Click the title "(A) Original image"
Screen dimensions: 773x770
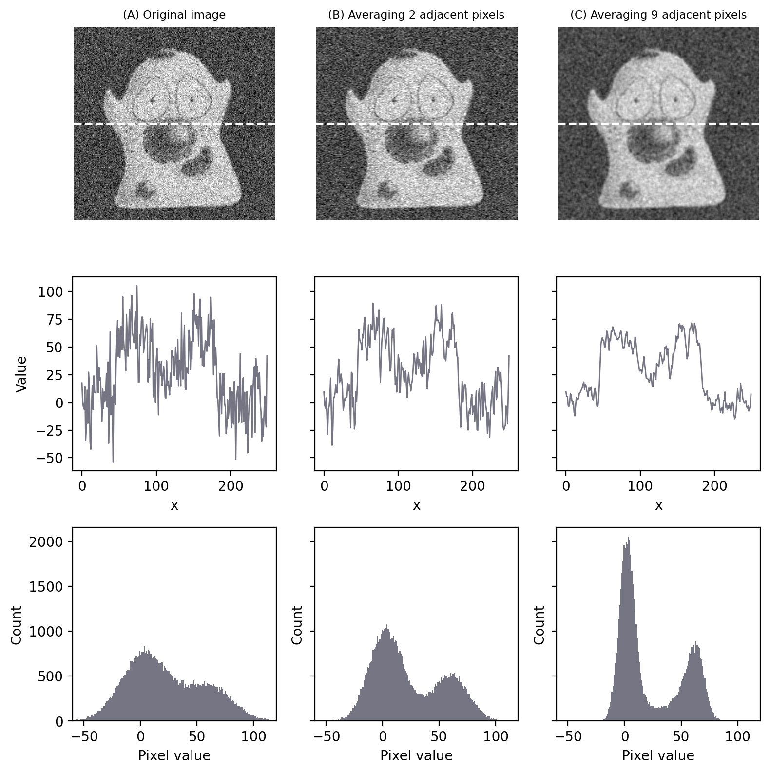coord(174,15)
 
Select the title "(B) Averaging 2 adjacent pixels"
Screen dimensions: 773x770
coord(416,15)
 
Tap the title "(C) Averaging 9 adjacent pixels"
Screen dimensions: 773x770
coord(658,15)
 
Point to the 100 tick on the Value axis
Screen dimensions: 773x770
coord(50,292)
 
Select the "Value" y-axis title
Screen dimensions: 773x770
coord(21,374)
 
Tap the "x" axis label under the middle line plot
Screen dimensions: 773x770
coord(416,506)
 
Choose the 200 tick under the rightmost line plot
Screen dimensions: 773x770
coord(714,486)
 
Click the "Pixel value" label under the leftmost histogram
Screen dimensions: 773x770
coord(174,755)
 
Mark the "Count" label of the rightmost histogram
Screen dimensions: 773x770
coord(539,625)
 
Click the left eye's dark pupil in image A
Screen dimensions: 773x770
coord(153,100)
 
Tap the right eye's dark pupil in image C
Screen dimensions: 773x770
coord(675,100)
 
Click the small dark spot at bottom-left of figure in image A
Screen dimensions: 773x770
coord(144,189)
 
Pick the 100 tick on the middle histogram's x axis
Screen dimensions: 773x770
coord(496,736)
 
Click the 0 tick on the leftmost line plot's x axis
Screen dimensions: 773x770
coord(82,486)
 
